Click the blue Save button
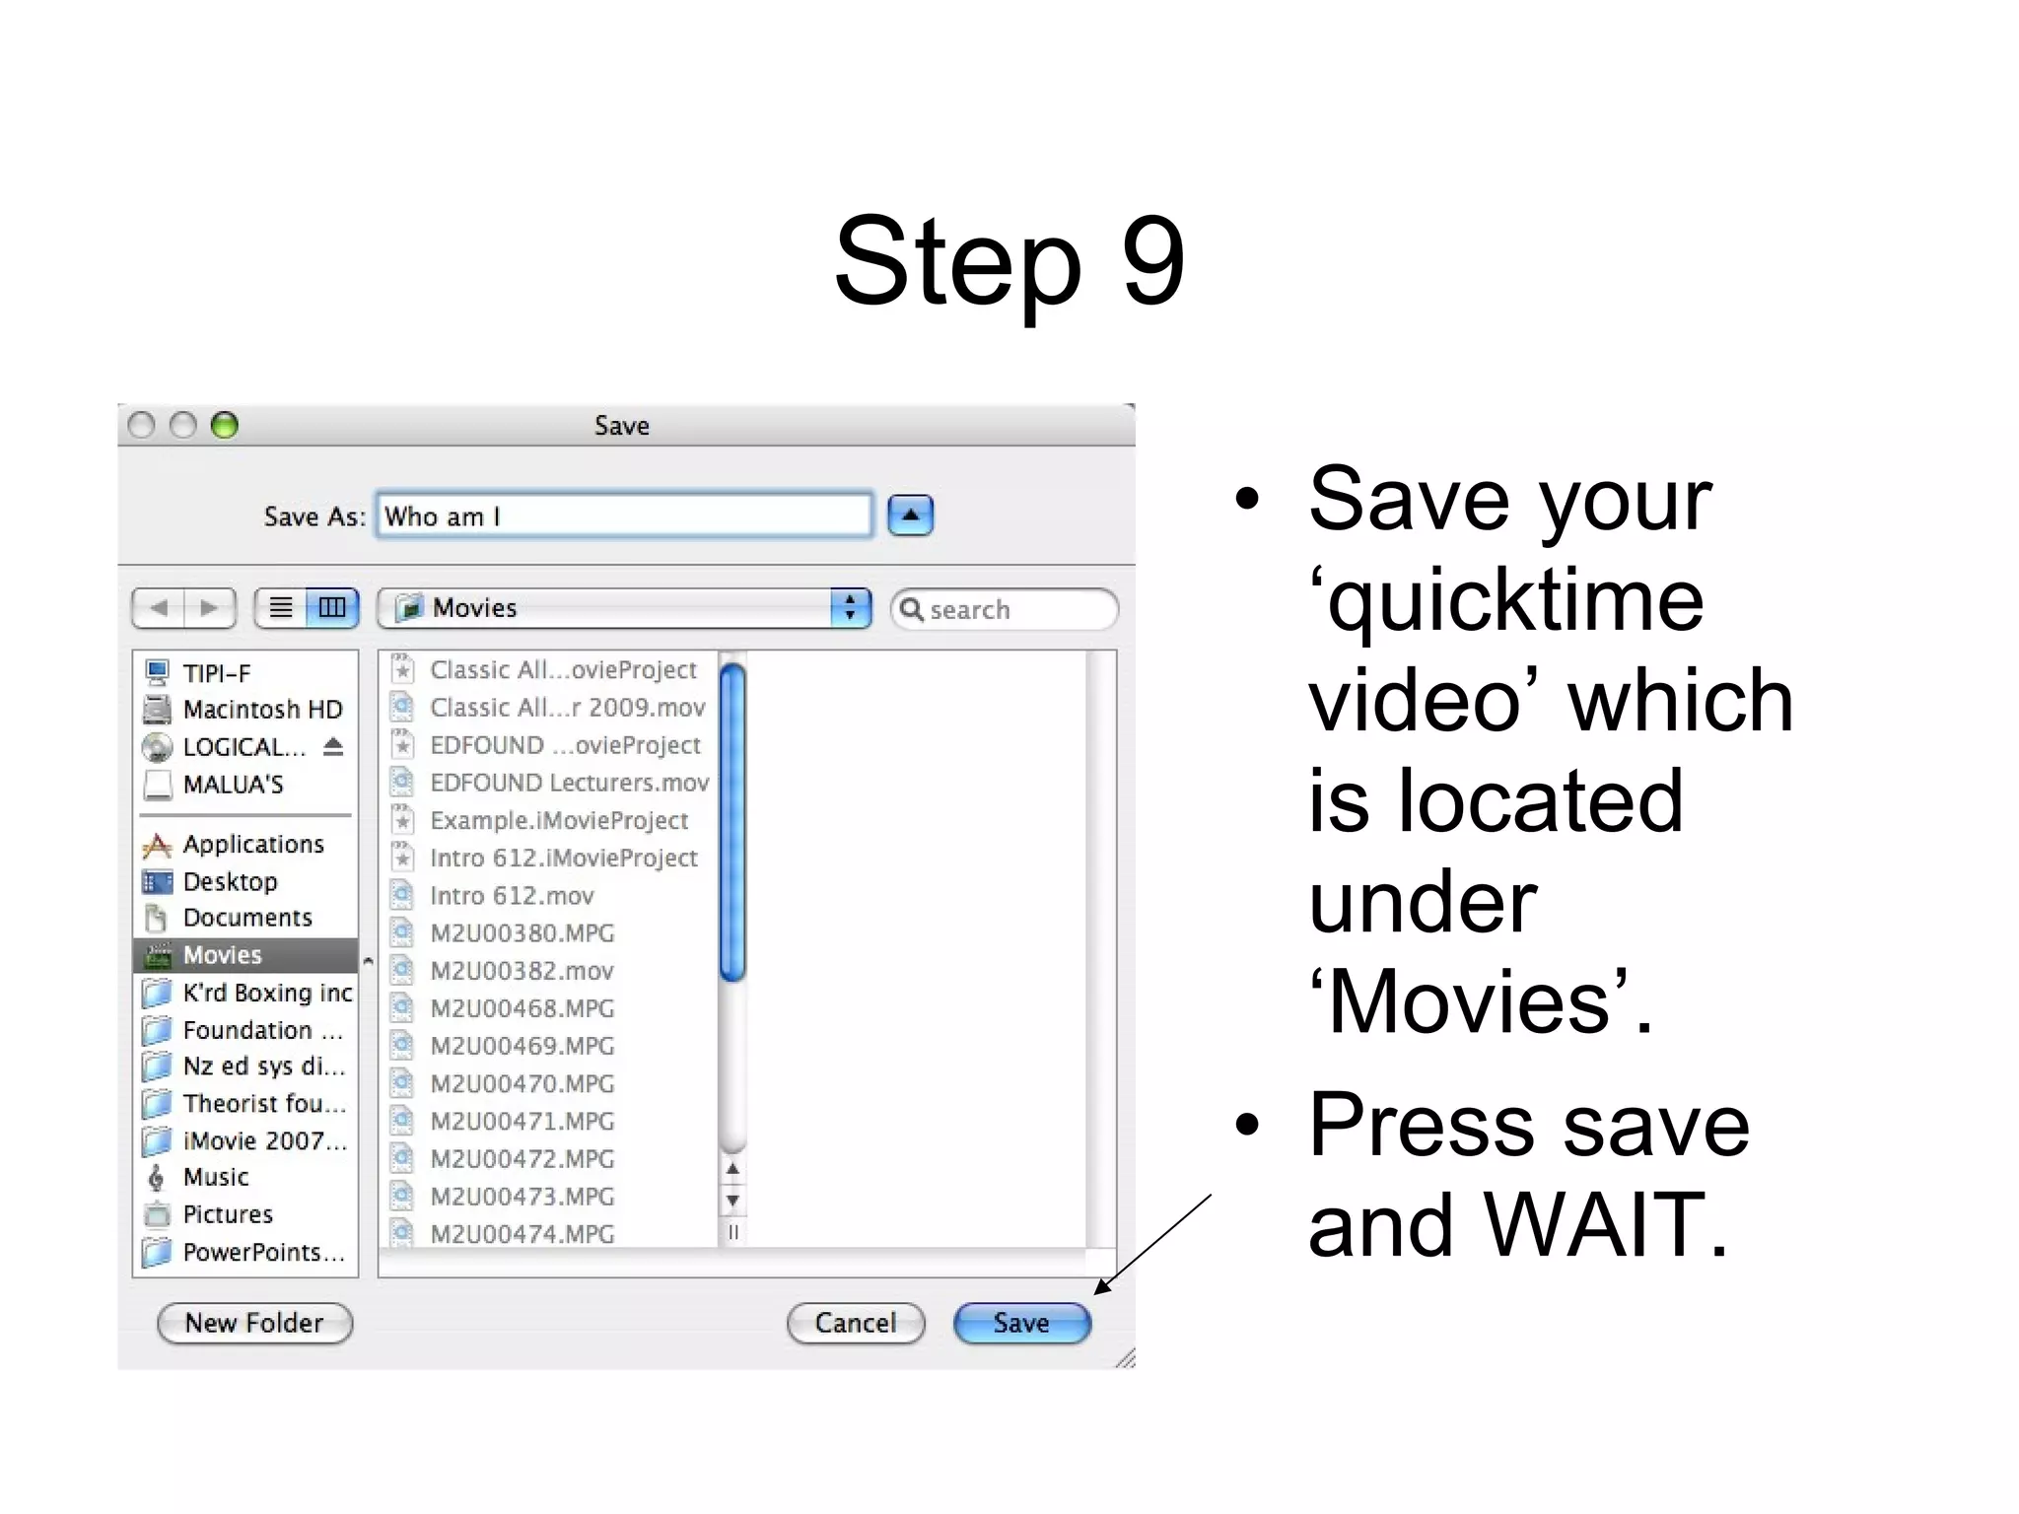click(x=1021, y=1323)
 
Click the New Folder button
click(x=254, y=1323)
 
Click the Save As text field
click(x=623, y=516)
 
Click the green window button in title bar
click(x=225, y=425)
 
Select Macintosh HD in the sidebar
click(x=261, y=710)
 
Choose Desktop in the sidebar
click(x=230, y=881)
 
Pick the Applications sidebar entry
click(x=252, y=844)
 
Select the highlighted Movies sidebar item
click(x=223, y=955)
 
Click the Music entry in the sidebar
click(x=216, y=1177)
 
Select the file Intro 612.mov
click(x=512, y=896)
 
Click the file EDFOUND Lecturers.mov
click(x=569, y=783)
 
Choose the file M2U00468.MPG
click(x=522, y=1008)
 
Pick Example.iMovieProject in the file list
click(x=559, y=820)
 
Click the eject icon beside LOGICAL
click(x=333, y=746)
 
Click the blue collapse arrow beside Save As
click(x=910, y=516)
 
